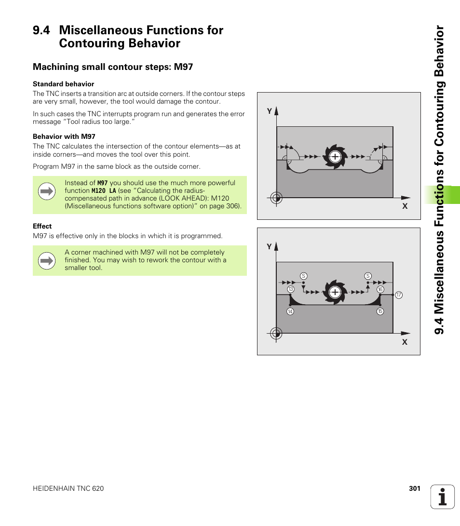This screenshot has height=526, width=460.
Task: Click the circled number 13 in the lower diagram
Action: [291, 289]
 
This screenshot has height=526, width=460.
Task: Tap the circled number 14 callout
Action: [290, 311]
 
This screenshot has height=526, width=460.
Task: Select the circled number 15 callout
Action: [380, 311]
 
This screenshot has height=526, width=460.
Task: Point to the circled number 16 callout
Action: [380, 289]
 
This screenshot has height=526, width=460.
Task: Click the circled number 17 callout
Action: [398, 295]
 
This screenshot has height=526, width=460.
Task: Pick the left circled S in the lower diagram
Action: [303, 276]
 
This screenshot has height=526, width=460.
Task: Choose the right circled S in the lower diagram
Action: [368, 276]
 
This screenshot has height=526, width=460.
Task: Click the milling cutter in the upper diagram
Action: [335, 157]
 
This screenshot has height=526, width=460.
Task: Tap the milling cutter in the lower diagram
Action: [335, 292]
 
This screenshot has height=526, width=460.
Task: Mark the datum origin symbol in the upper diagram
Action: [276, 198]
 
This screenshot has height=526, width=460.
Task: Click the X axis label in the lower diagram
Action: [405, 342]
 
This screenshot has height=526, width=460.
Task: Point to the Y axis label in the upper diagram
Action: [270, 111]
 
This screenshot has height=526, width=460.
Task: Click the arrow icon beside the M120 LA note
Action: [47, 191]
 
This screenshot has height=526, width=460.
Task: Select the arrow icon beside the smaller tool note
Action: [47, 261]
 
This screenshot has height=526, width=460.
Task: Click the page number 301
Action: [415, 488]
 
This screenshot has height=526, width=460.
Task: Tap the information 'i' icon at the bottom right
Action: [443, 497]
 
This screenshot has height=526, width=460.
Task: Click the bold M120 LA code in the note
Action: [104, 191]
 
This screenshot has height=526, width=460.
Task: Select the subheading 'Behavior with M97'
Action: [64, 136]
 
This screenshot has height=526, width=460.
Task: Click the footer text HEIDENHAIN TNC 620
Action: [68, 488]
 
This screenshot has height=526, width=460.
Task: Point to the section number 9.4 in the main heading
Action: [41, 30]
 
